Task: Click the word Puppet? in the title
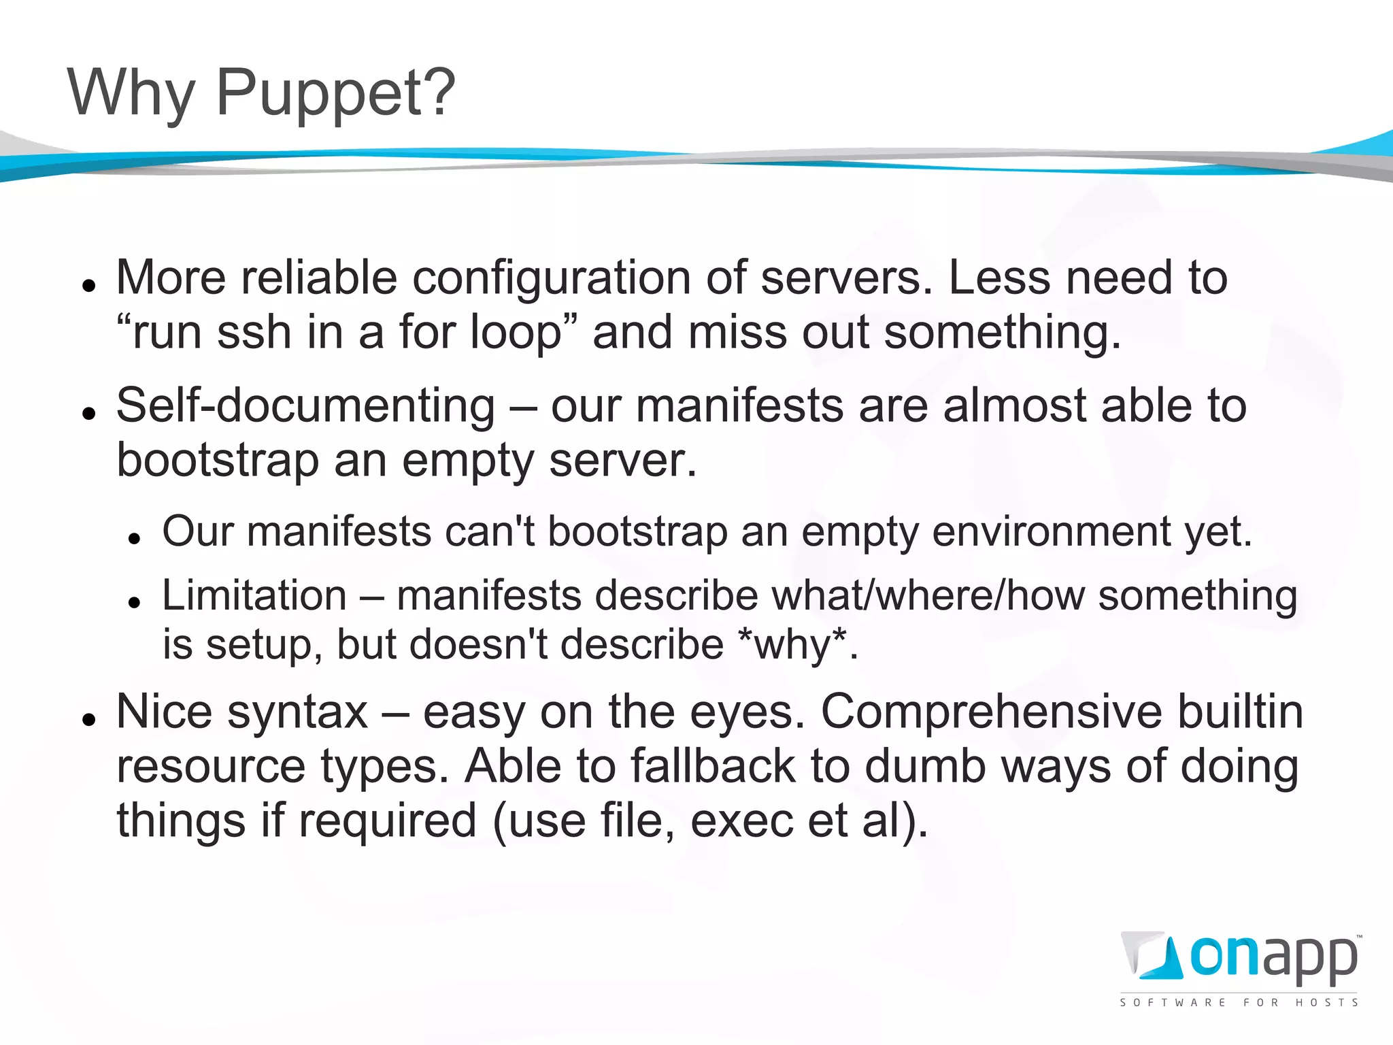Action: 335,94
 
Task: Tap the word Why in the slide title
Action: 131,94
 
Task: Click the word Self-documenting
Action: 306,405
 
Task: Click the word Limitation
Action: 254,595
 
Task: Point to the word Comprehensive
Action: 994,712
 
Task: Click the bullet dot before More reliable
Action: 88,285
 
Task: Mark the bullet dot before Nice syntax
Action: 88,719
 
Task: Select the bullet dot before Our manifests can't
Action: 134,537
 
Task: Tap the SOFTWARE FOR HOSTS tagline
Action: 1239,1002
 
